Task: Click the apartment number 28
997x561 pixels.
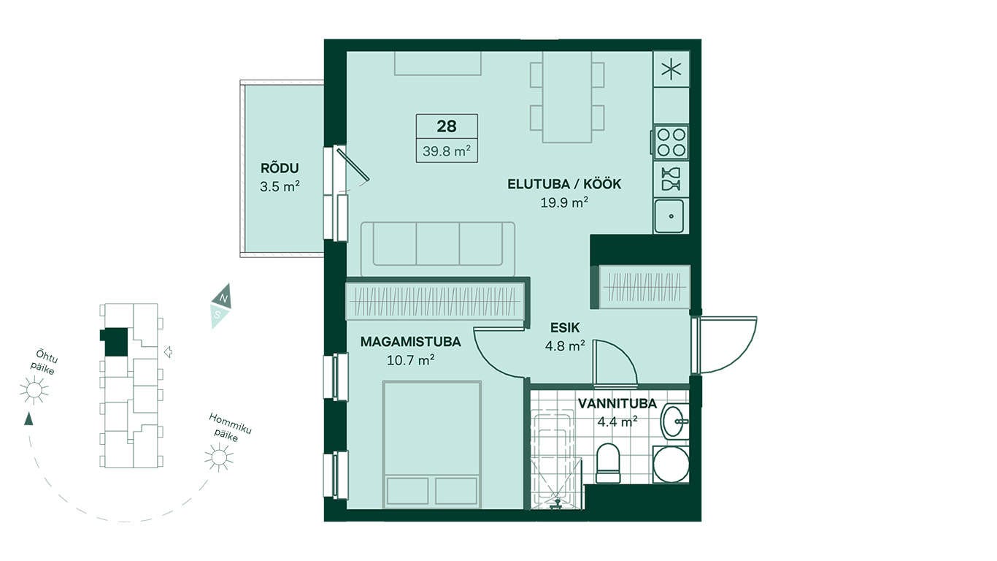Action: coord(447,126)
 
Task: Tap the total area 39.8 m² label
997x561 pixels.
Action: coord(447,151)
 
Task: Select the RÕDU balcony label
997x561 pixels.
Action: coord(280,169)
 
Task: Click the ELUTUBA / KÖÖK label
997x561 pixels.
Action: coord(564,184)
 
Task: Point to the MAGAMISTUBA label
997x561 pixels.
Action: coord(410,342)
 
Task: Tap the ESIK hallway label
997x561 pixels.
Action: coord(565,328)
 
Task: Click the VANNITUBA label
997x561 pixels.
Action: coord(617,404)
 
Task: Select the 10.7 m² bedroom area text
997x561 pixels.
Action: coord(410,360)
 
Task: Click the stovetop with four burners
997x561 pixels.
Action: coord(671,142)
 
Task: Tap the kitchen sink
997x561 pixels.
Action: coord(669,216)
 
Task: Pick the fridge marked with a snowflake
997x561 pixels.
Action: coord(671,69)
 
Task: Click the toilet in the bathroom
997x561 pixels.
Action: coord(608,462)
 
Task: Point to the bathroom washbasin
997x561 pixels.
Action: coord(674,421)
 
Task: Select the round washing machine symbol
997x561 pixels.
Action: coord(671,465)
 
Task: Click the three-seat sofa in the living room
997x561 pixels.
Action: coord(437,248)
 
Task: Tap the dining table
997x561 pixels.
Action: coord(567,96)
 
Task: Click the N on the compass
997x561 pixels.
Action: coord(224,297)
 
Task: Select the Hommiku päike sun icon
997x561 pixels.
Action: coord(219,457)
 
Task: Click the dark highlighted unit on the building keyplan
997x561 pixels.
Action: coord(114,342)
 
